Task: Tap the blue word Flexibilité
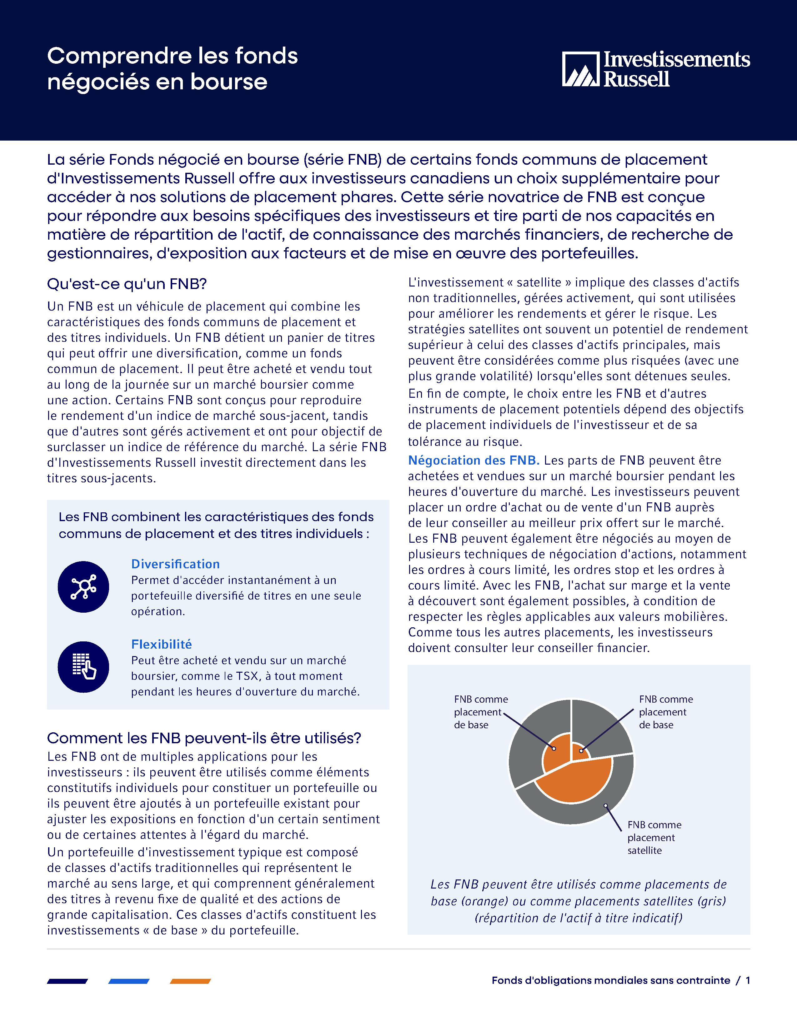(162, 644)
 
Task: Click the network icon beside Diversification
(83, 587)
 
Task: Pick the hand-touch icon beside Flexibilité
(83, 667)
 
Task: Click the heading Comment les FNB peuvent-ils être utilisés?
(204, 738)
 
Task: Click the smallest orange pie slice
(580, 750)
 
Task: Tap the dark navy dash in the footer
(68, 981)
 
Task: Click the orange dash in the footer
(190, 981)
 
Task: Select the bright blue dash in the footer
(129, 981)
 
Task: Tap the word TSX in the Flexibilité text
(248, 676)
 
